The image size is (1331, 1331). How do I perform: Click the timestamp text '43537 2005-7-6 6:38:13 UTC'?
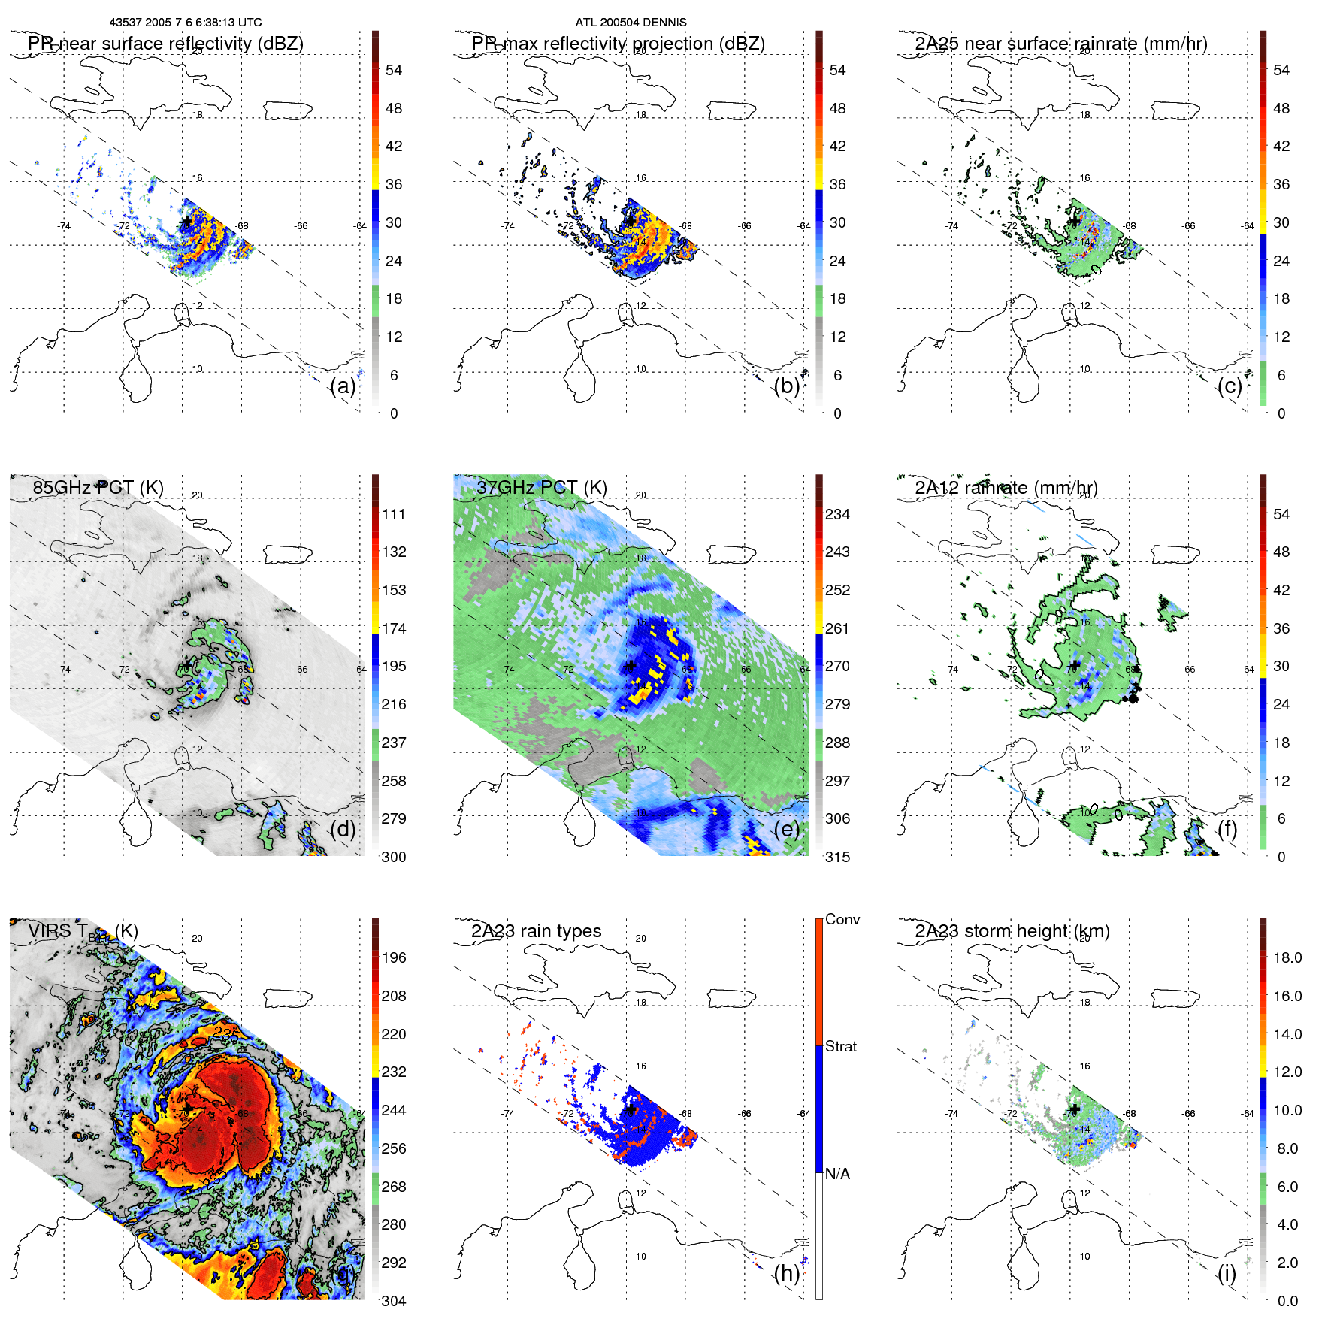coord(186,23)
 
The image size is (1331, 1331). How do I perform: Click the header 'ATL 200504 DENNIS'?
coord(631,23)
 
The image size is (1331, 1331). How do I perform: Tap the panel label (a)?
coord(343,386)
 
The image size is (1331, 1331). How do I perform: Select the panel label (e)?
coord(787,829)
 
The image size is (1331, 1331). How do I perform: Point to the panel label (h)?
coord(787,1272)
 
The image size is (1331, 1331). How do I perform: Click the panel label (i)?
coord(1227,1272)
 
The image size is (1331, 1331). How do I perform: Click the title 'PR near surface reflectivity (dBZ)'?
coord(165,44)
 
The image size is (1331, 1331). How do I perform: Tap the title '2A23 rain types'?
coord(536,931)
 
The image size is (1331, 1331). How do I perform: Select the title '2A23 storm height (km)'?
coord(1012,931)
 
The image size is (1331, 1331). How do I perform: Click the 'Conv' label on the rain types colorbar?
coord(842,919)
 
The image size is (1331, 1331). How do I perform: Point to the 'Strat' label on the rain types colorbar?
coord(841,1046)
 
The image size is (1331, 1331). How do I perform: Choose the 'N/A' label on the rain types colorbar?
coord(837,1174)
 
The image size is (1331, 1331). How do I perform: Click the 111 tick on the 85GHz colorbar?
coord(394,514)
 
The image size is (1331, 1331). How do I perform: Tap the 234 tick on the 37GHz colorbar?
coord(837,514)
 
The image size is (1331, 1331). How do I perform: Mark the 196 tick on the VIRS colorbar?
coord(394,957)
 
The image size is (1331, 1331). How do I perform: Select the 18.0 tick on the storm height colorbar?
coord(1287,957)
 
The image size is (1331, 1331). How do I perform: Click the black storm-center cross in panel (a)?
coord(186,222)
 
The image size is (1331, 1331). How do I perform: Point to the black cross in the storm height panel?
coord(1075,1109)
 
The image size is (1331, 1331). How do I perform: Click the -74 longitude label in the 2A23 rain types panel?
coord(508,1114)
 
